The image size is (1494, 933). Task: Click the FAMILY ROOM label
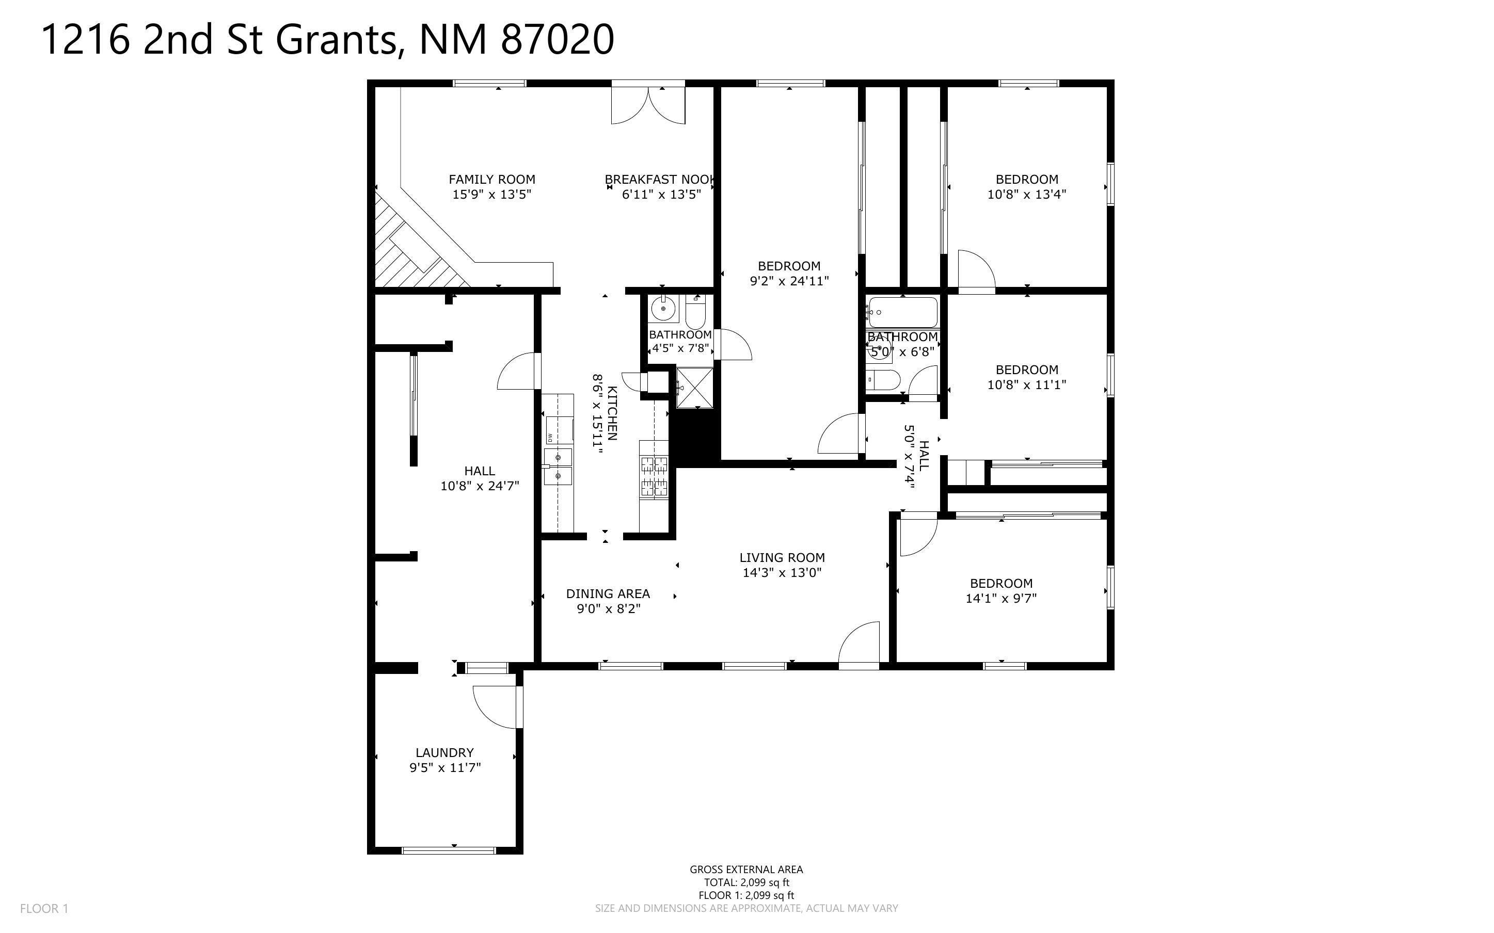coord(492,180)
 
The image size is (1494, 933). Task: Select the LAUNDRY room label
coord(444,753)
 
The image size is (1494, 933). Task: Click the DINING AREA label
coord(608,593)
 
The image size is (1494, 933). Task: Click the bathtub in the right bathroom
coord(902,312)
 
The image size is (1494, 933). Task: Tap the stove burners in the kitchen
coord(654,476)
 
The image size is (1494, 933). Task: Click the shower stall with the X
coord(695,388)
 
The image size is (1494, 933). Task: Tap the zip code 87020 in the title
coord(557,40)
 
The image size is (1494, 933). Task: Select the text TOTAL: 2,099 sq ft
coord(746,882)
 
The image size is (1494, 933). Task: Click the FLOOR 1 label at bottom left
coord(44,908)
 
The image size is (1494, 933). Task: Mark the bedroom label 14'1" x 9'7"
coord(1001,598)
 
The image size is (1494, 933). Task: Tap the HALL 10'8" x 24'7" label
coord(480,478)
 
